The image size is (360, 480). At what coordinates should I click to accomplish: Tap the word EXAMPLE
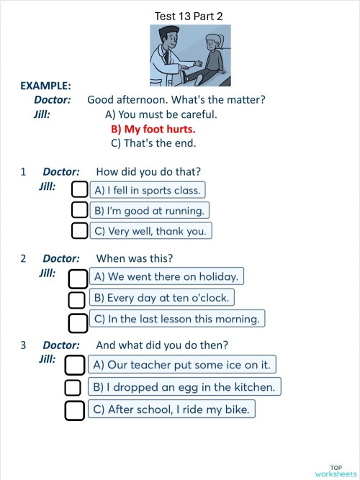45,86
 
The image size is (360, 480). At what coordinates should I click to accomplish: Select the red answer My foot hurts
153,129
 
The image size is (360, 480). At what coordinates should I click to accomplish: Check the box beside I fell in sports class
81,190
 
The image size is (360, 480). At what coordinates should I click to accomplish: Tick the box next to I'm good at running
81,210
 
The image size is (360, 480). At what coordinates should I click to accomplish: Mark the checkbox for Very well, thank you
81,231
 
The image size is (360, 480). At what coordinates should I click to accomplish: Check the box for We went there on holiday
78,277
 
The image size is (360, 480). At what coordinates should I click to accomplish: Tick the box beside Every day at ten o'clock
77,298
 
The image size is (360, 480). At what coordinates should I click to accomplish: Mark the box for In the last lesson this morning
78,319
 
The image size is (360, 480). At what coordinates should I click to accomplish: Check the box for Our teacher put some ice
75,365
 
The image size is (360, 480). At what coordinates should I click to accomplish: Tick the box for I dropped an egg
73,387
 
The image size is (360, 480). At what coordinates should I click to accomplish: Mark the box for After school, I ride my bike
75,409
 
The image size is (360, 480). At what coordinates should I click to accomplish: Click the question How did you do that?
148,172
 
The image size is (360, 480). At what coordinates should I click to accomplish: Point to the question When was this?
134,258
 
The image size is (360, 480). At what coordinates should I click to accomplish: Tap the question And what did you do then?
162,345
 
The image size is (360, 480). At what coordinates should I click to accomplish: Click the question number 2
23,258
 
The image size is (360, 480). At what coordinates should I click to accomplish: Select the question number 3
23,345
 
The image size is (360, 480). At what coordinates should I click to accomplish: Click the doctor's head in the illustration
168,35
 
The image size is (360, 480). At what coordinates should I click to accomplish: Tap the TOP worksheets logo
336,471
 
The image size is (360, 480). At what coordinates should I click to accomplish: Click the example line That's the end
153,143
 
